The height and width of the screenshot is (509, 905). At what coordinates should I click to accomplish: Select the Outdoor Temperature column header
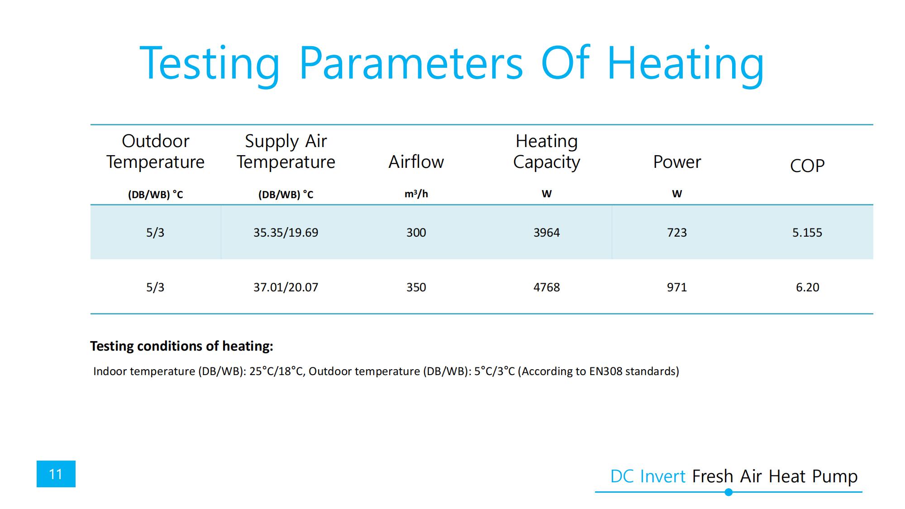155,152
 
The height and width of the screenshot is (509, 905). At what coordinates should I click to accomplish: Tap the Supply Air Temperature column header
286,152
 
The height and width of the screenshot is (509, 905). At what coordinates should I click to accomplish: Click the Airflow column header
416,162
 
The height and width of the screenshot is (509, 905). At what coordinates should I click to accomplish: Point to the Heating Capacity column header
546,152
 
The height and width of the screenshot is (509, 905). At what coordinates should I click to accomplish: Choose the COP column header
807,166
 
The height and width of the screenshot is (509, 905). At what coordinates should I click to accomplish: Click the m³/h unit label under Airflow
416,194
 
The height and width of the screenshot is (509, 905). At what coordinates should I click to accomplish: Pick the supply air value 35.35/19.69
286,233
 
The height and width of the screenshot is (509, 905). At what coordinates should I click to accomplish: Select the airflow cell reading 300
416,233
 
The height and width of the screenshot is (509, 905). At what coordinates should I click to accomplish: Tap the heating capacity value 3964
546,233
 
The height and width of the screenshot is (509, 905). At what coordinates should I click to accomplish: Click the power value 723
676,233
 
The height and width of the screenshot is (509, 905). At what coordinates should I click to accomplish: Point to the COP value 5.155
807,233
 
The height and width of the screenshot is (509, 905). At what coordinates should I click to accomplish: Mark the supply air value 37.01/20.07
286,287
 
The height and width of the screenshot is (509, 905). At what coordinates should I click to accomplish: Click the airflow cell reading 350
416,287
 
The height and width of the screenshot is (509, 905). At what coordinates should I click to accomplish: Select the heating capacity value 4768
546,287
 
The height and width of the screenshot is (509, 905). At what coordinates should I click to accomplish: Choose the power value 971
676,287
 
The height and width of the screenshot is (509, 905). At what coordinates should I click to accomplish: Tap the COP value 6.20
807,287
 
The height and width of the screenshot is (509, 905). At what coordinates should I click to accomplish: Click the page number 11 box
56,474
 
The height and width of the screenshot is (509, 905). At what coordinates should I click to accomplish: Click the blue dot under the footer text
729,492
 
